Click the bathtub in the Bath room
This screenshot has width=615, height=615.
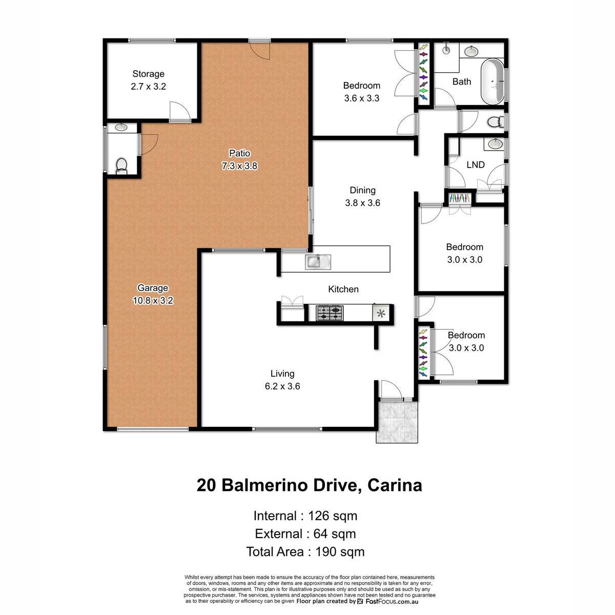click(492, 81)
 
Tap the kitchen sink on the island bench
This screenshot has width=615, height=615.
click(318, 262)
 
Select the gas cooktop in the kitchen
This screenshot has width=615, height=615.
click(330, 313)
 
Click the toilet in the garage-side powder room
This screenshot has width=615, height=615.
click(121, 166)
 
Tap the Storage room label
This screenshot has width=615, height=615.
click(149, 74)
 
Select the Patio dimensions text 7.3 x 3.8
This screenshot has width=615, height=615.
click(239, 166)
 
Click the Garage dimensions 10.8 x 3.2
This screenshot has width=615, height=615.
click(153, 300)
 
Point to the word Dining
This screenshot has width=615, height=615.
click(362, 190)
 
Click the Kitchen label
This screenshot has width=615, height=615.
click(343, 289)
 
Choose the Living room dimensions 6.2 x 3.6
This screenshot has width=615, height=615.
click(282, 386)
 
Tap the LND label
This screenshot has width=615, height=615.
click(476, 165)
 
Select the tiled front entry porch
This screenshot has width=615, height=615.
click(397, 422)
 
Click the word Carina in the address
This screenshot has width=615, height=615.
click(395, 485)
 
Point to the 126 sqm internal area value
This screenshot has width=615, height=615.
click(333, 516)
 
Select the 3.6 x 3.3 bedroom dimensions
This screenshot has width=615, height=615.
click(362, 98)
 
